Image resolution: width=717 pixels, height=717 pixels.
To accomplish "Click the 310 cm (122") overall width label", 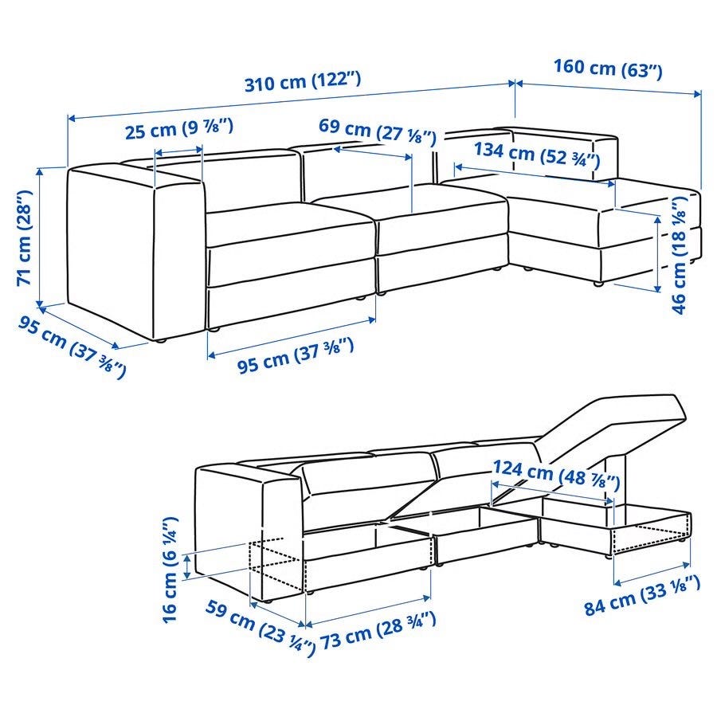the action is [303, 81].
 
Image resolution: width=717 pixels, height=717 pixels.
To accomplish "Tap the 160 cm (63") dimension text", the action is [608, 69].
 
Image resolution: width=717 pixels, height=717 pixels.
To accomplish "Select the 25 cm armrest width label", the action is [179, 128].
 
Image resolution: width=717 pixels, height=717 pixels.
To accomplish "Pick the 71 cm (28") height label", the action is [25, 237].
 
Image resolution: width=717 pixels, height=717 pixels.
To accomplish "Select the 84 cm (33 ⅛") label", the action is [642, 596].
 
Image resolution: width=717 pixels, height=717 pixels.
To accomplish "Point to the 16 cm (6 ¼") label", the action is [170, 570].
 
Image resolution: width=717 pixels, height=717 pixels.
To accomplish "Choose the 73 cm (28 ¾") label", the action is [378, 631].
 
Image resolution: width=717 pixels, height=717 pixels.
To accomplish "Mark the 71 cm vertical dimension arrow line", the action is [41, 237].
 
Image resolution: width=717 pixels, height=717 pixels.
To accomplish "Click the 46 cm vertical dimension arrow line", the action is [657, 254].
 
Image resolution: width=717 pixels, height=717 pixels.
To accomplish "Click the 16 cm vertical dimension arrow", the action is [187, 566].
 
